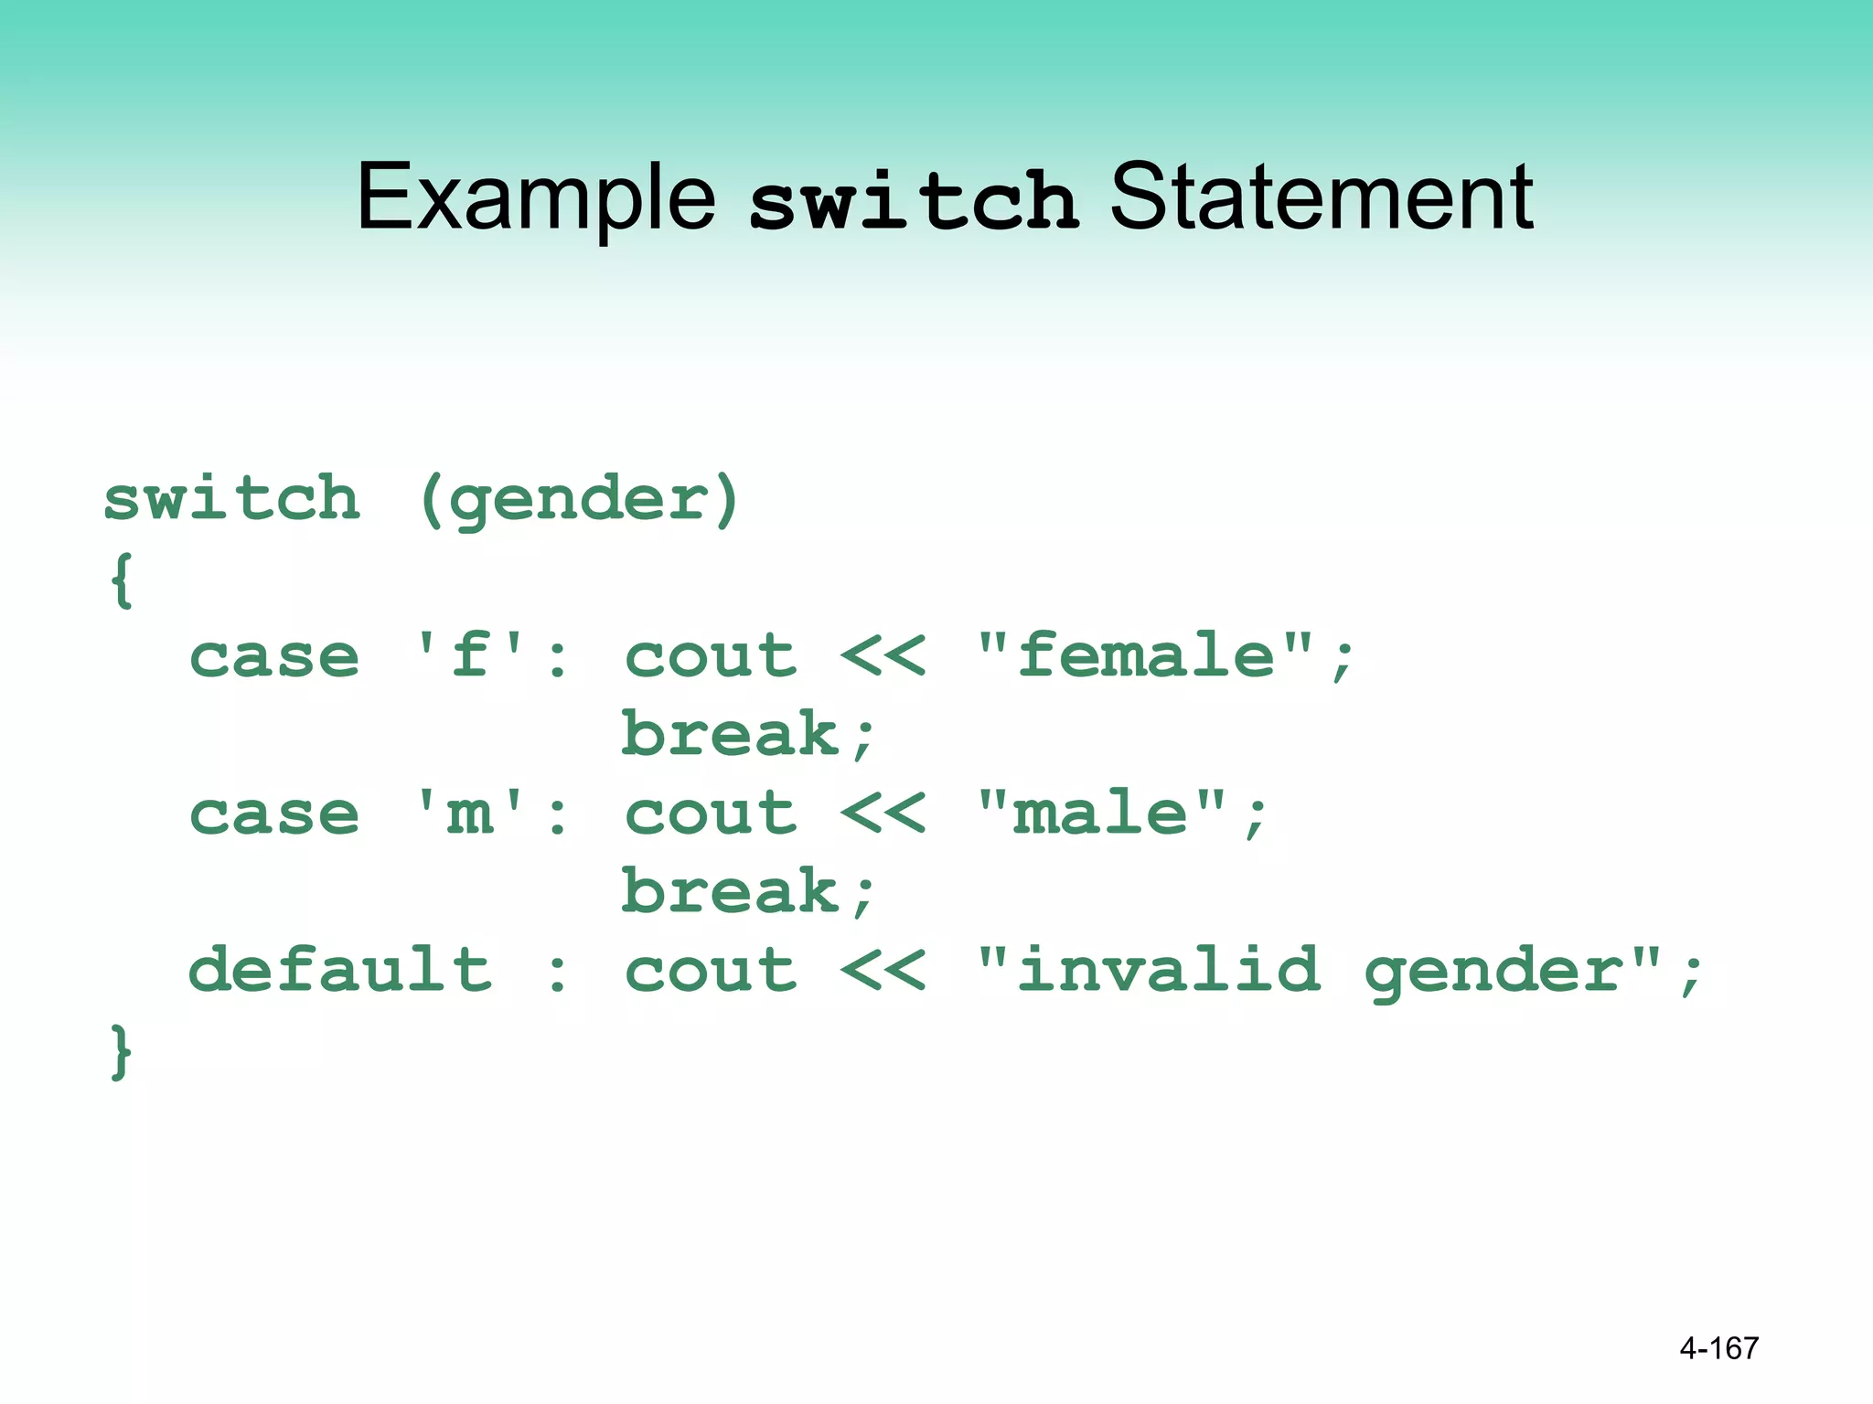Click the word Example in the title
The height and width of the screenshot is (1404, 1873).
coord(535,197)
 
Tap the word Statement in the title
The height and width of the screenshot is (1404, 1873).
coord(1321,197)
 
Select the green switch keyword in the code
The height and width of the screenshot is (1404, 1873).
coord(232,499)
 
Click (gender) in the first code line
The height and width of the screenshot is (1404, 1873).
coord(579,501)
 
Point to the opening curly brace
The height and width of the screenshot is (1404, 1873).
coord(122,580)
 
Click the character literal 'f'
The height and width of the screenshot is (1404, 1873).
coord(470,655)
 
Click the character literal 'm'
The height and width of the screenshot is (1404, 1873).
coord(470,814)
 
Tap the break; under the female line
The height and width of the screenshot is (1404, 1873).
coord(748,735)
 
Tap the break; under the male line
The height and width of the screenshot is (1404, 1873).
coord(748,892)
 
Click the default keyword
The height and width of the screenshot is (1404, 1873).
coord(340,971)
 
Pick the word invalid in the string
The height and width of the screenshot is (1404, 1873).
coord(1169,971)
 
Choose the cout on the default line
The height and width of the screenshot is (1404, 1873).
coord(711,971)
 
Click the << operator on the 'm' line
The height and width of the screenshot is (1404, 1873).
coord(883,814)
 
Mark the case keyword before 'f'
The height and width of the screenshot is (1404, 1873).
coord(274,657)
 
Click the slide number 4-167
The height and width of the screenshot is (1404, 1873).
coord(1718,1348)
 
